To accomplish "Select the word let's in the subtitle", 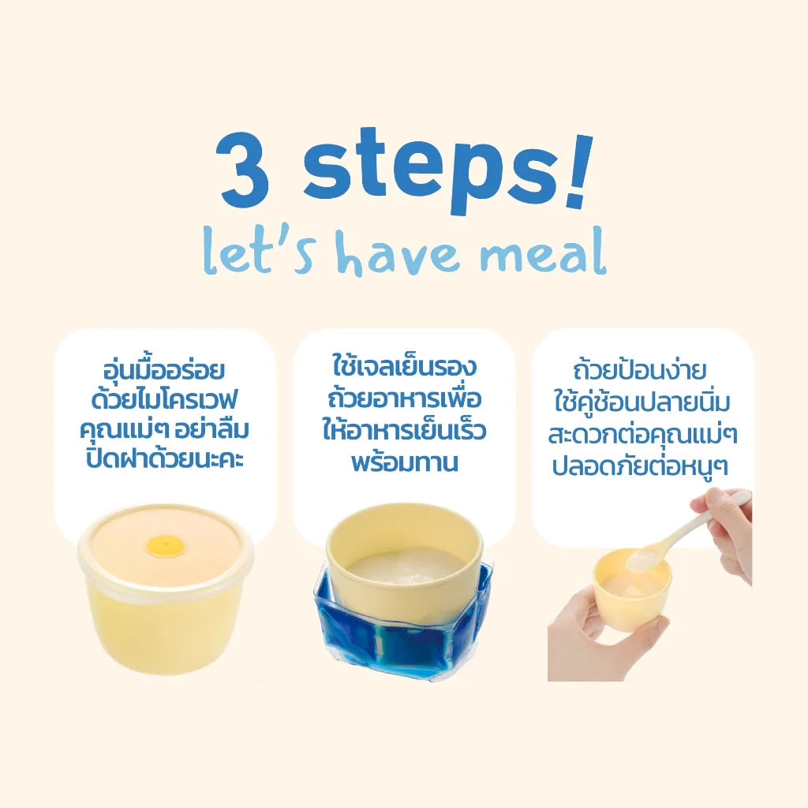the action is (257, 252).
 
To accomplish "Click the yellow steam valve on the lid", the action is (159, 544).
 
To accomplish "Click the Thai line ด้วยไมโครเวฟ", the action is (164, 400).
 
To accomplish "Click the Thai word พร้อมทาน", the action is (405, 462).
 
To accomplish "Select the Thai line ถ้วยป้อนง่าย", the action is (639, 369).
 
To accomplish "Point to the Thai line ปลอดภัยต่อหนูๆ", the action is (639, 466).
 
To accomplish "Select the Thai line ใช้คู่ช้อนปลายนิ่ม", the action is (642, 402).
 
